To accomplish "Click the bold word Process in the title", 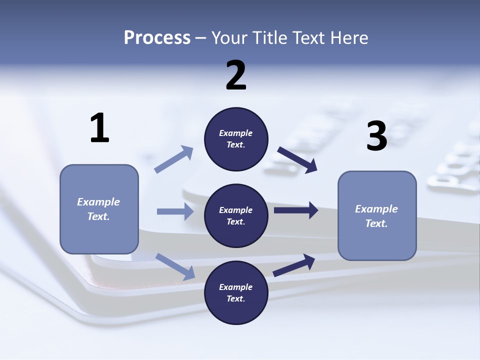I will tap(157, 37).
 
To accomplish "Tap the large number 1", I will tap(99, 128).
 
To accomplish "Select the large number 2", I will tap(236, 75).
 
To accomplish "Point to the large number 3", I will tap(376, 136).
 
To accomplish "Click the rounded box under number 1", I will tap(99, 209).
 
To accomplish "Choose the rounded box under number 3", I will tap(377, 215).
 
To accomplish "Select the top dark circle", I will tap(236, 139).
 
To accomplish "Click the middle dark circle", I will tap(236, 215).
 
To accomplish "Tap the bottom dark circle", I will tap(236, 292).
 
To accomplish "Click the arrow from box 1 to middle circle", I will tap(175, 211).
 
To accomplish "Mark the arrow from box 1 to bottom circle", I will tap(175, 266).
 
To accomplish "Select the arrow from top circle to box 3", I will tap(297, 160).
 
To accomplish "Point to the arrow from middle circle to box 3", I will tap(296, 210).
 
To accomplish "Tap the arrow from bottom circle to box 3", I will tap(294, 265).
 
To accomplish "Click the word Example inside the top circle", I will tap(236, 133).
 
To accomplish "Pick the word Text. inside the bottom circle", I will tap(236, 298).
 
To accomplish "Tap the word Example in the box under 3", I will tap(376, 209).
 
